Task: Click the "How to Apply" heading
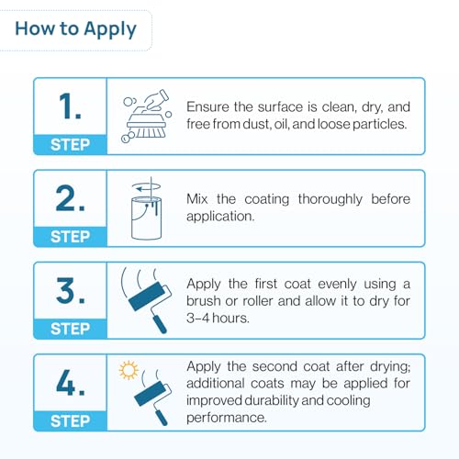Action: point(75,29)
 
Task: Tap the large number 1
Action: point(70,106)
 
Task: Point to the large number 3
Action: point(70,290)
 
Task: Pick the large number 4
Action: point(70,382)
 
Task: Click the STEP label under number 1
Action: point(70,144)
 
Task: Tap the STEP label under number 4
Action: point(70,420)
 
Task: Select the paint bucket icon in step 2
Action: point(146,218)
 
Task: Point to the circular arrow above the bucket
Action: point(146,186)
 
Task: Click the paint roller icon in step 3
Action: point(146,300)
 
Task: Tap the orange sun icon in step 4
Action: point(129,370)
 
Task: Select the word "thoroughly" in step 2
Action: point(330,200)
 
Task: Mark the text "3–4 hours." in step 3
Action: point(218,319)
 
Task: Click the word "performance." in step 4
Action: point(227,418)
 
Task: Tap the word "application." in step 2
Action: point(220,217)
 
